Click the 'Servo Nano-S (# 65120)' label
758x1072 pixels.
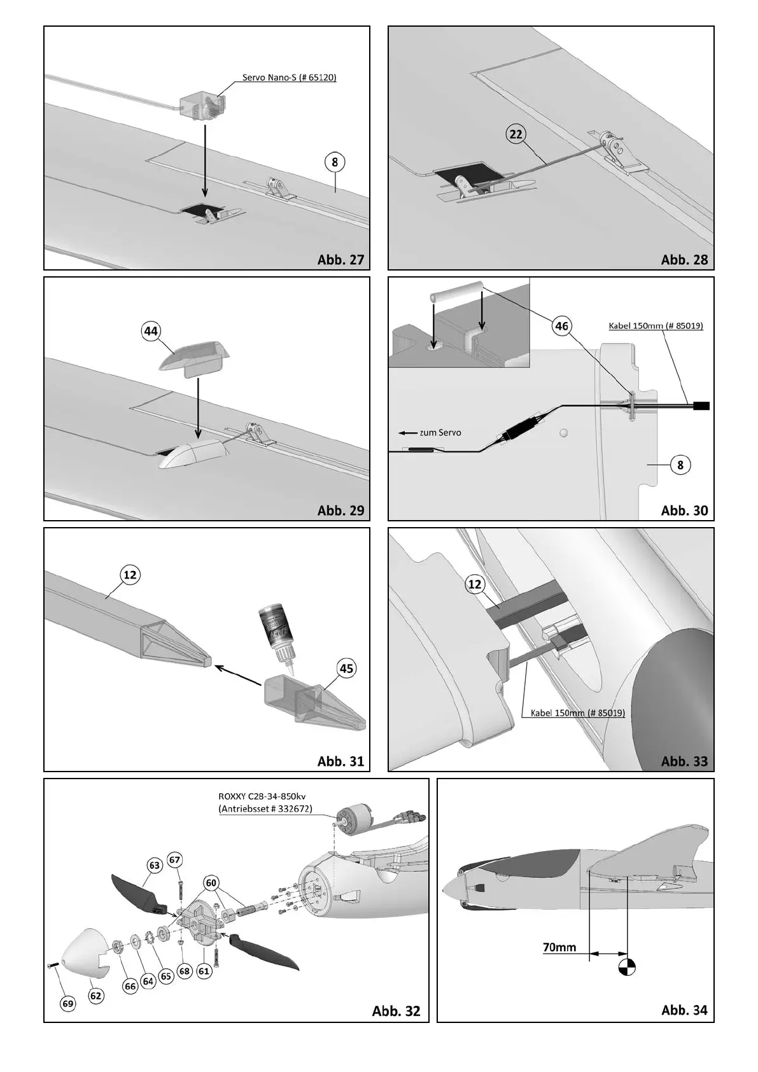(x=289, y=78)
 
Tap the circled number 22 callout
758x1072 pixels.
(x=516, y=134)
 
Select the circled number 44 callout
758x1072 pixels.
(x=151, y=331)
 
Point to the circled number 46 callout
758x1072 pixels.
(x=561, y=327)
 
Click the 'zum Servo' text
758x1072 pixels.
(x=440, y=433)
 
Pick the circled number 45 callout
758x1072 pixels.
(x=347, y=668)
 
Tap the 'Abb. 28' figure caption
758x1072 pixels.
(x=684, y=259)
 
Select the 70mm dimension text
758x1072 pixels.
(x=559, y=965)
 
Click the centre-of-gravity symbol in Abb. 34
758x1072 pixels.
(x=627, y=968)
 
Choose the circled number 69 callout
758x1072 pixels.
(x=68, y=1004)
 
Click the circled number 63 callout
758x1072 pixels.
(x=155, y=866)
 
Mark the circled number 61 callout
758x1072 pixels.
(x=204, y=971)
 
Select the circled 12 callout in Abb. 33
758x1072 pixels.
(x=475, y=584)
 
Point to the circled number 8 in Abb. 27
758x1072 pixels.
(x=335, y=162)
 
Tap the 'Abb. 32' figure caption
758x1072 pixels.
(x=396, y=1011)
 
